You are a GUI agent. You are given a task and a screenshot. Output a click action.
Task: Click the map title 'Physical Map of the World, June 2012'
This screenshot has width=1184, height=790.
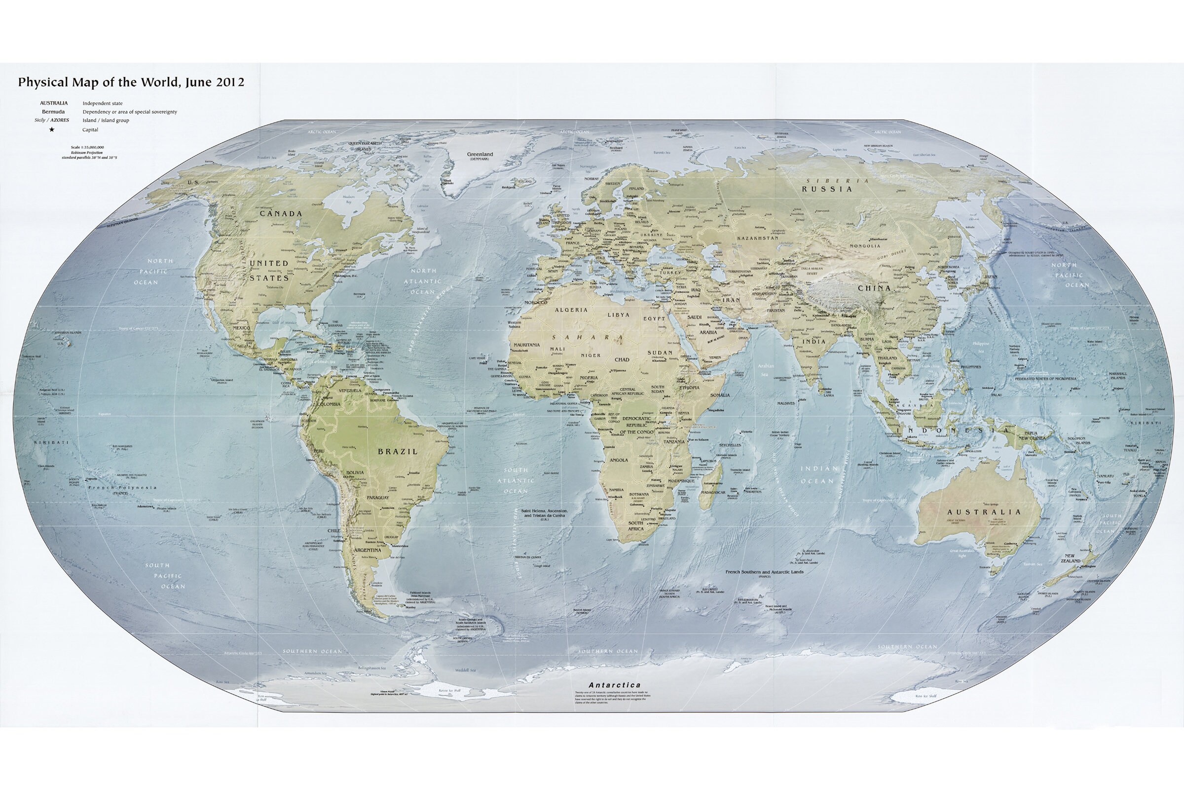coord(131,82)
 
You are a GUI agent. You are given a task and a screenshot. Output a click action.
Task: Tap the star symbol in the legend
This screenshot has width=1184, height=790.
coord(52,129)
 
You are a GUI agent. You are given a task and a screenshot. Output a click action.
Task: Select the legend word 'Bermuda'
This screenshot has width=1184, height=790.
coord(53,112)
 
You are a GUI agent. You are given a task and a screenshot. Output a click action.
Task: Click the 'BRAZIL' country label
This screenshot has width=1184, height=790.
coord(398,451)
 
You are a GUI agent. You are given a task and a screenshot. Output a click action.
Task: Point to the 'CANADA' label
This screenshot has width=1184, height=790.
coord(281,214)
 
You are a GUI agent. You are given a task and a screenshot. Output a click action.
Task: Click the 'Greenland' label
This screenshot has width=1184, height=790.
coord(480,154)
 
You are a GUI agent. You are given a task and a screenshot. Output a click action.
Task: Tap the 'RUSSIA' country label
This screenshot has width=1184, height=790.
coord(827,189)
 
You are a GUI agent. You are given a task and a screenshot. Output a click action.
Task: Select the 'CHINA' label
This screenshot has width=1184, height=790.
coord(874,288)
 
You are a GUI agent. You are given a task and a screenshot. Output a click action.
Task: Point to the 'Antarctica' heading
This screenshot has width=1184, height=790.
coord(615,685)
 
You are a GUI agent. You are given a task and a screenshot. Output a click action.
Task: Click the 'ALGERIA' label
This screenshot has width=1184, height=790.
coord(571,310)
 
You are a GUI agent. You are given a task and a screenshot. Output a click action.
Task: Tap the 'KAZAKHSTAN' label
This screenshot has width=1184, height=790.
coord(758,238)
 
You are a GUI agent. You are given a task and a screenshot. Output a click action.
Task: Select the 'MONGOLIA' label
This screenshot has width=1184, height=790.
coord(865,246)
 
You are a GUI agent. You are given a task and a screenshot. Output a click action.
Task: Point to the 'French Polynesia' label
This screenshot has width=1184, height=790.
coord(122,488)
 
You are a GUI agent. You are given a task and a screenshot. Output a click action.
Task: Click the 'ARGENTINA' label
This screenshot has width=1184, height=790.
coord(367,550)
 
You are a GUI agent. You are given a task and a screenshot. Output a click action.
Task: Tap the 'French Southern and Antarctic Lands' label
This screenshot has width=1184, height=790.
coord(764,572)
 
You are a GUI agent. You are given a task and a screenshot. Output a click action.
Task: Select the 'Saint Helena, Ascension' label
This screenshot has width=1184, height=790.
coord(544,511)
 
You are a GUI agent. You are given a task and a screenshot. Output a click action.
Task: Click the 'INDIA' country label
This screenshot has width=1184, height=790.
coord(814,341)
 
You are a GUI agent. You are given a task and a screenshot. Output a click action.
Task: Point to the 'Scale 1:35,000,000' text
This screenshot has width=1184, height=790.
coord(88,148)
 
